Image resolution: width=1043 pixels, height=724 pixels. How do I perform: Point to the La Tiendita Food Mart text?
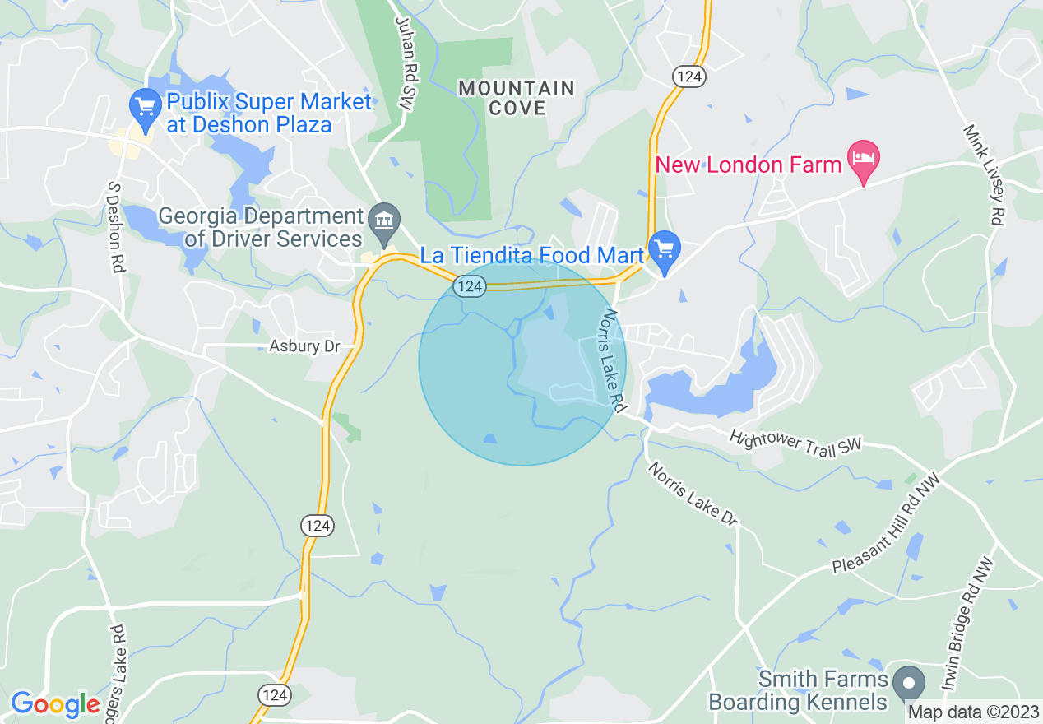(531, 255)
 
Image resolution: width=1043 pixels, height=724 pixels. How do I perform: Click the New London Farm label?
(749, 165)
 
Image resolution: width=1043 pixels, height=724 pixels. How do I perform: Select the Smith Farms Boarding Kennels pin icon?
(909, 683)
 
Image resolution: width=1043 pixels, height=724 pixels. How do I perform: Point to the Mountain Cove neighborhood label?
(517, 98)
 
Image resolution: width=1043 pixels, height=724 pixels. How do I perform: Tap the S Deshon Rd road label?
(115, 228)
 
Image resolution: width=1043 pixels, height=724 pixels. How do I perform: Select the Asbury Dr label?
(304, 346)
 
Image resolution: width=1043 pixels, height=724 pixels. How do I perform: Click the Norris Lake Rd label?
(614, 361)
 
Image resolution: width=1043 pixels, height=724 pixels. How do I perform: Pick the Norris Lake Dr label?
(693, 494)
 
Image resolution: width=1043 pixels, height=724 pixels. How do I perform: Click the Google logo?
(55, 704)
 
